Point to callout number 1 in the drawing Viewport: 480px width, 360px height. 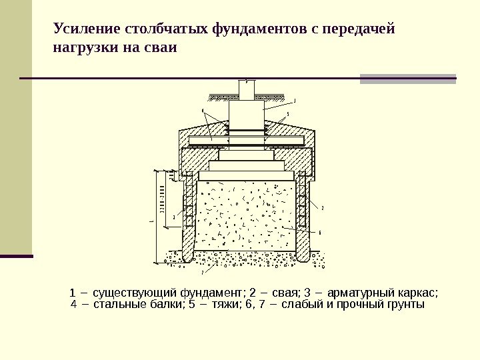coord(295,100)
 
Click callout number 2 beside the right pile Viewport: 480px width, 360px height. coord(322,208)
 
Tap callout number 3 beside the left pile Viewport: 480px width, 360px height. coord(174,217)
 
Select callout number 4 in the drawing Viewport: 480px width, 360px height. coord(203,111)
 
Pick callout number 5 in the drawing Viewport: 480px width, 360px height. coord(288,114)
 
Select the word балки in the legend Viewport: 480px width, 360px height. coord(168,305)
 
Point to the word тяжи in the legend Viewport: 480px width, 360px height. coord(227,305)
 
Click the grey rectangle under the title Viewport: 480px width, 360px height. coord(408,79)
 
